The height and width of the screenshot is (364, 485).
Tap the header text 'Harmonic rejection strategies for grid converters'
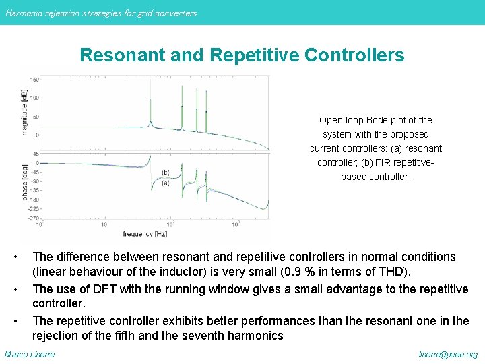101,13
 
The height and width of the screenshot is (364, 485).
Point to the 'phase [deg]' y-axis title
26,181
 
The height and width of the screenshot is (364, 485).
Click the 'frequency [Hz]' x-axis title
145,234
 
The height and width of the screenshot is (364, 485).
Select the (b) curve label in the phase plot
165,171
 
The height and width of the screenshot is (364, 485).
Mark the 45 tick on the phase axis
36,154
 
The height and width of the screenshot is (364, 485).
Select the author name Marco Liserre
30,354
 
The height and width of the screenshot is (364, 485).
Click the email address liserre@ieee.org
448,354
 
